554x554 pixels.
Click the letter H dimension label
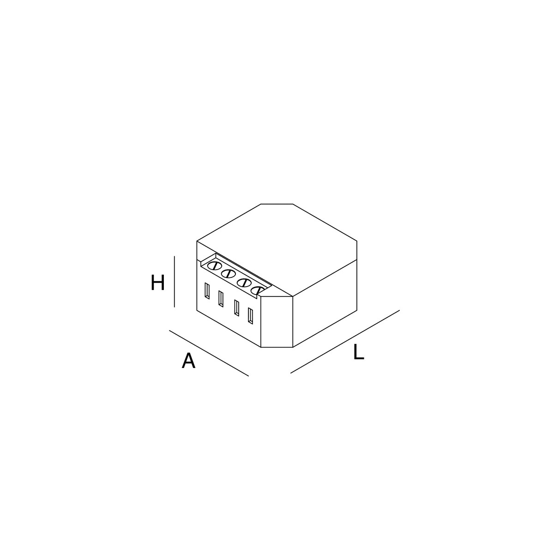pyautogui.click(x=157, y=283)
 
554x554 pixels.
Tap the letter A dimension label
pyautogui.click(x=188, y=361)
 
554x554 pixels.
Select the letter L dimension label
pyautogui.click(x=359, y=353)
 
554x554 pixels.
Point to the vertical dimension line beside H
pyautogui.click(x=175, y=281)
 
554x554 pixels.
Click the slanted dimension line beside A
pyautogui.click(x=209, y=353)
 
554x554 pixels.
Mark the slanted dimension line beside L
pyautogui.click(x=345, y=342)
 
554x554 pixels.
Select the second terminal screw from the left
pyautogui.click(x=228, y=274)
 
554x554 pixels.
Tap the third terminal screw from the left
pyautogui.click(x=244, y=283)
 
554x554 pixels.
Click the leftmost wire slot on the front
pyautogui.click(x=208, y=291)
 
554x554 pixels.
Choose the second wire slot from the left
pyautogui.click(x=221, y=299)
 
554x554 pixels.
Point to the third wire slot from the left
pyautogui.click(x=236, y=308)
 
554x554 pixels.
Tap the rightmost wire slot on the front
pyautogui.click(x=250, y=315)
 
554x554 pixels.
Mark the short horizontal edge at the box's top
pyautogui.click(x=277, y=204)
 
